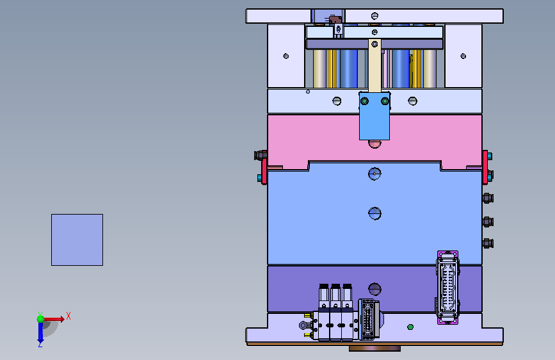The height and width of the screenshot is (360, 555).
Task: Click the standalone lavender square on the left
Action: (77, 240)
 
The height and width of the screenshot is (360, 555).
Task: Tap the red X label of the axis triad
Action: (68, 316)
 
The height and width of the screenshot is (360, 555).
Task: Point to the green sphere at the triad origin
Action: (41, 319)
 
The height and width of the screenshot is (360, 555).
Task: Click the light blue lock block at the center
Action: (374, 116)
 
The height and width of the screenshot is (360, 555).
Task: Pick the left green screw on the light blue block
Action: (364, 101)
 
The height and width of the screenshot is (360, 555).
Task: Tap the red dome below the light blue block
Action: (374, 144)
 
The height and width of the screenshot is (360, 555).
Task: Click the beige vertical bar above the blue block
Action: (374, 66)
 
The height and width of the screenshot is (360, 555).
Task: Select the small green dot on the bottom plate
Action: (410, 327)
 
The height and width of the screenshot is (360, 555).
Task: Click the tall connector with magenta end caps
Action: (447, 288)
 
